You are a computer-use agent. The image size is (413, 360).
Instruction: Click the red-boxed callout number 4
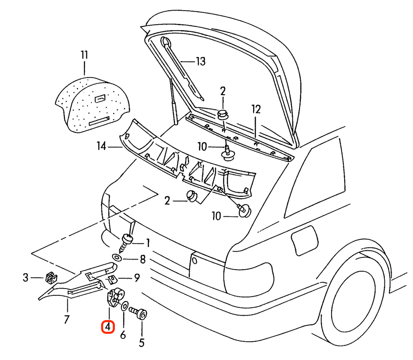pyautogui.click(x=108, y=327)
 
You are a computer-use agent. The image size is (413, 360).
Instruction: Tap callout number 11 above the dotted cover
pyautogui.click(x=84, y=55)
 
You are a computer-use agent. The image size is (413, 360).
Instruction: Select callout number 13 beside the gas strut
pyautogui.click(x=201, y=61)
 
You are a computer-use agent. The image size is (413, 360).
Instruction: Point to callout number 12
pyautogui.click(x=256, y=109)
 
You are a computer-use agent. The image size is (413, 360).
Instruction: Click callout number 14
pyautogui.click(x=101, y=146)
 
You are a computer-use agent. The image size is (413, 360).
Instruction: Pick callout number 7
pyautogui.click(x=67, y=319)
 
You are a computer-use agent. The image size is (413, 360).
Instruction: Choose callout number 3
pyautogui.click(x=25, y=278)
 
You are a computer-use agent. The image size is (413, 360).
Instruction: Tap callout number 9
pyautogui.click(x=137, y=278)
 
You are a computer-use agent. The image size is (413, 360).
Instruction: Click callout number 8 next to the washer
pyautogui.click(x=142, y=260)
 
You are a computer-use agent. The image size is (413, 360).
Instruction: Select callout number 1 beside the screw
pyautogui.click(x=148, y=243)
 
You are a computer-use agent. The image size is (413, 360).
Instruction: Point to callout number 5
pyautogui.click(x=142, y=343)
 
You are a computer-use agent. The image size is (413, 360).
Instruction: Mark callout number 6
pyautogui.click(x=123, y=335)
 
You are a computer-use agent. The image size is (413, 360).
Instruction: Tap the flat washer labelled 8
pyautogui.click(x=117, y=257)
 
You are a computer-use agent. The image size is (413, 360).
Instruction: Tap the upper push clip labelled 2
pyautogui.click(x=223, y=115)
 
